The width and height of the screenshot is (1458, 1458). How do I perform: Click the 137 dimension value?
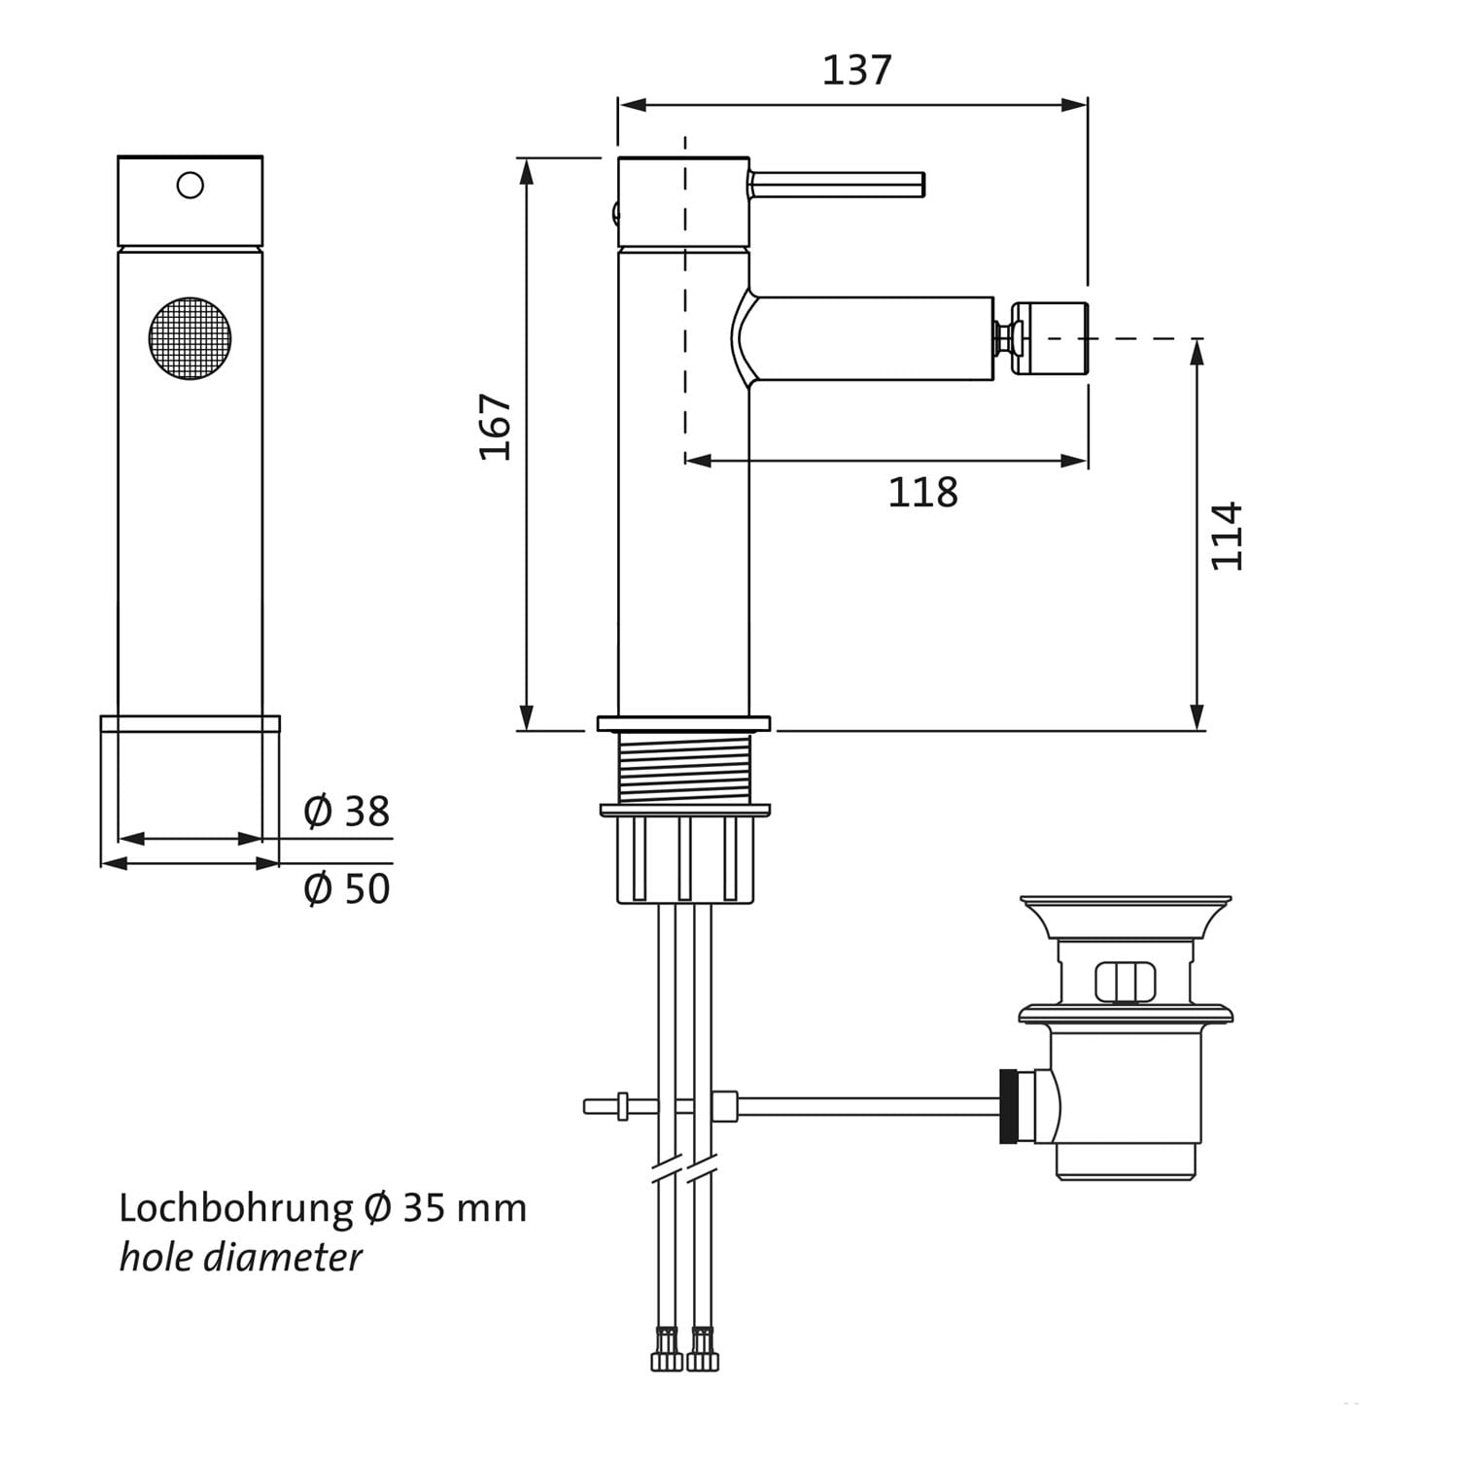point(856,70)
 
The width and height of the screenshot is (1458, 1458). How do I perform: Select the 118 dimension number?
point(922,493)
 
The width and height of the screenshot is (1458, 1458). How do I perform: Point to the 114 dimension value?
point(1227,536)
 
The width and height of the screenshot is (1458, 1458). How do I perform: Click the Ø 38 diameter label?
point(347,811)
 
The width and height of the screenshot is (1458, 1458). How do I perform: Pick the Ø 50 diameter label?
point(347,888)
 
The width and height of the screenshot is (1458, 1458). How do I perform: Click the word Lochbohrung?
point(236,1208)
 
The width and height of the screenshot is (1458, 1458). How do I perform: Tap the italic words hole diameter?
point(240,1258)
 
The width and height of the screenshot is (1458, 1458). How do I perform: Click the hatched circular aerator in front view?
point(191,338)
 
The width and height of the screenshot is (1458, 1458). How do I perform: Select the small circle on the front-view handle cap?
point(191,185)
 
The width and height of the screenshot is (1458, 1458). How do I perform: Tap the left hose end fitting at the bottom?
point(667,1348)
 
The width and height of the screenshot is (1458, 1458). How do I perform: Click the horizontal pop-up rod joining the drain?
point(792,1106)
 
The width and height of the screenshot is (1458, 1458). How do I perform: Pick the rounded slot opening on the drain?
point(1126,981)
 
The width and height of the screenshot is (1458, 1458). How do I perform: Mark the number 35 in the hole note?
point(423,1208)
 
